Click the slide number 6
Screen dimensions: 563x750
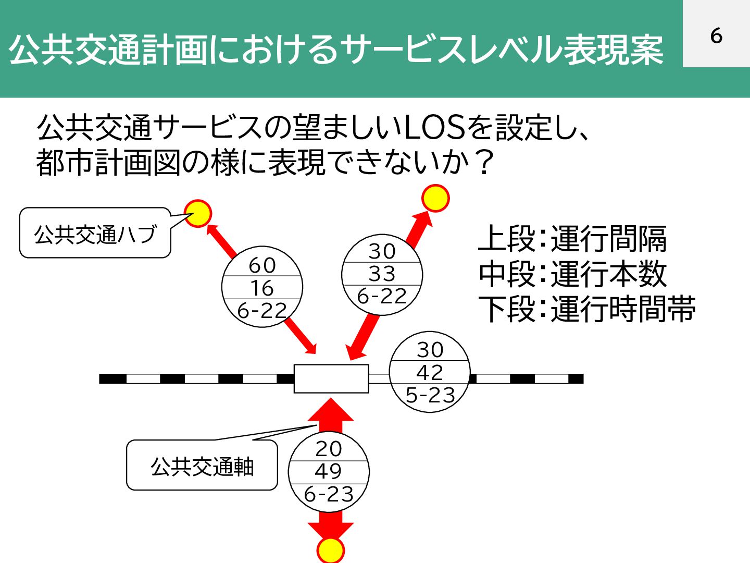[x=716, y=35]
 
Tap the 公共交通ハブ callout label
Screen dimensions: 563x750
[x=95, y=234]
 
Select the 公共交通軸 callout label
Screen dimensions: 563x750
[x=202, y=466]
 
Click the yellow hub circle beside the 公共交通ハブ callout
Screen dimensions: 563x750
[x=198, y=214]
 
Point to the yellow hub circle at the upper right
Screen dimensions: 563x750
[x=435, y=199]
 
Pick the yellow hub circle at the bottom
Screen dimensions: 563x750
[x=331, y=550]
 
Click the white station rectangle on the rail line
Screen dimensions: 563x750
[x=331, y=378]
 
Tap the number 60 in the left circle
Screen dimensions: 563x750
[x=262, y=265]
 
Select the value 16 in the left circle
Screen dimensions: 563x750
[x=262, y=288]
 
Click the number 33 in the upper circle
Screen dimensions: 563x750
[x=382, y=274]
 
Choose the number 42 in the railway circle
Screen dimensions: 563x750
[x=430, y=372]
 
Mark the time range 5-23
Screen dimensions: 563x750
[x=430, y=395]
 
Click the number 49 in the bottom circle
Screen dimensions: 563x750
[x=329, y=471]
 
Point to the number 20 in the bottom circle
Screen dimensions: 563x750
[x=329, y=448]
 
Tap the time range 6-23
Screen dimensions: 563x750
[x=329, y=494]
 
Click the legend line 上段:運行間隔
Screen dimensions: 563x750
[x=572, y=238]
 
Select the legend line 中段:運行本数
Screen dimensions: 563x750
[x=572, y=274]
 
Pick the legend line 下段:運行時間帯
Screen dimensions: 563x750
[x=587, y=309]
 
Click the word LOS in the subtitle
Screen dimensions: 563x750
[x=434, y=127]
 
